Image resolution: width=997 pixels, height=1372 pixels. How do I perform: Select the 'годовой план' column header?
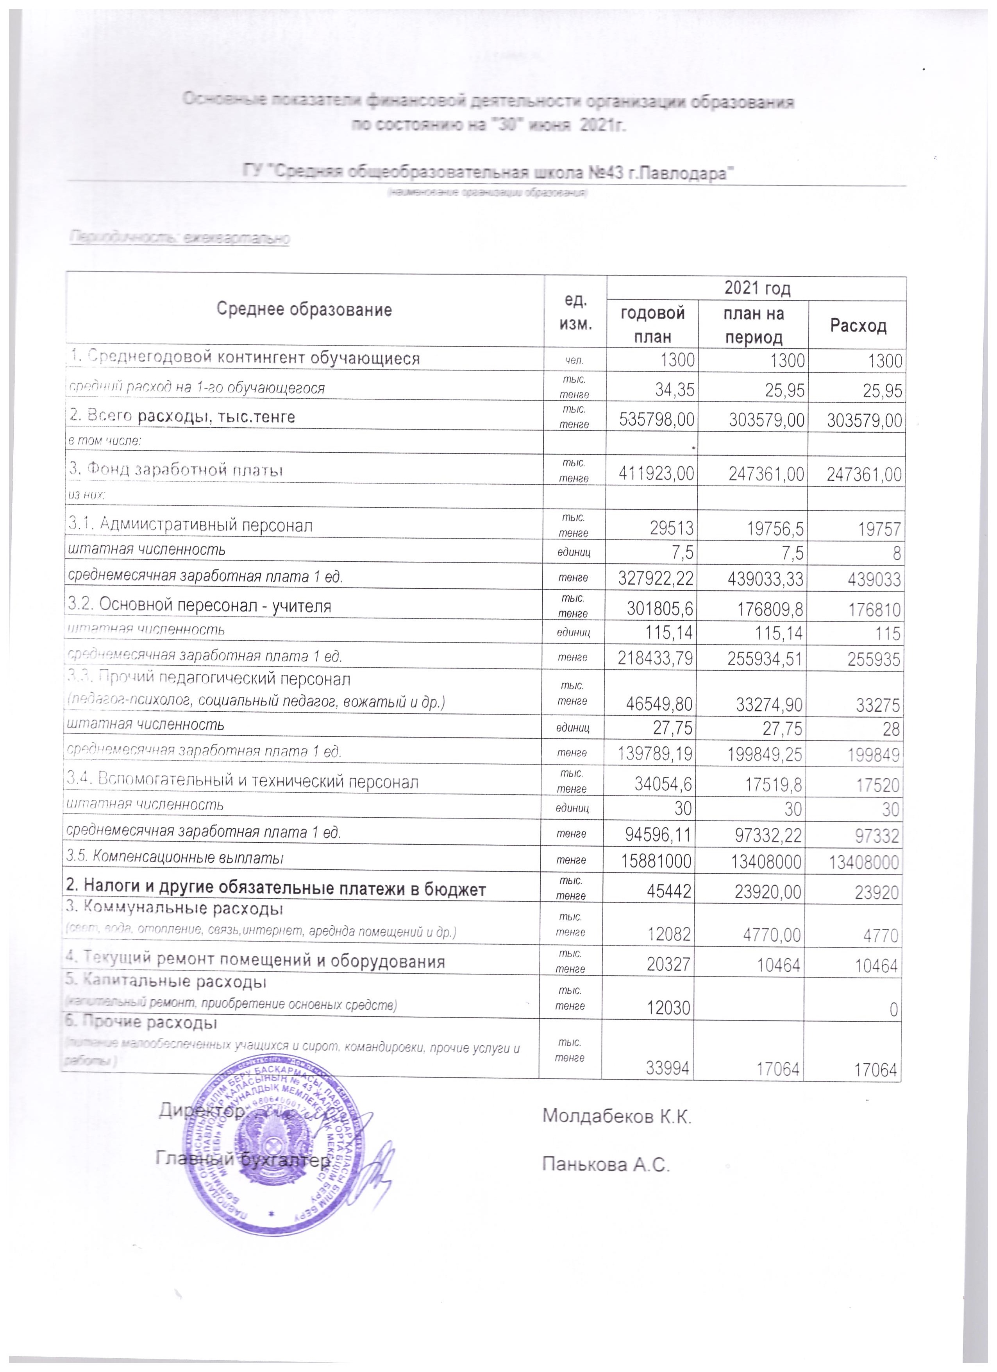tap(652, 324)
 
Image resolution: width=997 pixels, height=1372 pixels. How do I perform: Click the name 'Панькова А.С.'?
tap(606, 1163)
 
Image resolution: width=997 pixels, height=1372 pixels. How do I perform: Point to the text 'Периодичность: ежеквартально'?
tap(180, 238)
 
